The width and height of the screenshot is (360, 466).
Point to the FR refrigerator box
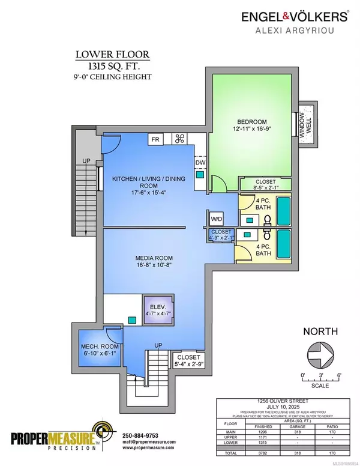155,140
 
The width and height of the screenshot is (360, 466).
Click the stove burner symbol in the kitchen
179,140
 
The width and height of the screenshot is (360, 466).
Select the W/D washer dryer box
215,220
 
